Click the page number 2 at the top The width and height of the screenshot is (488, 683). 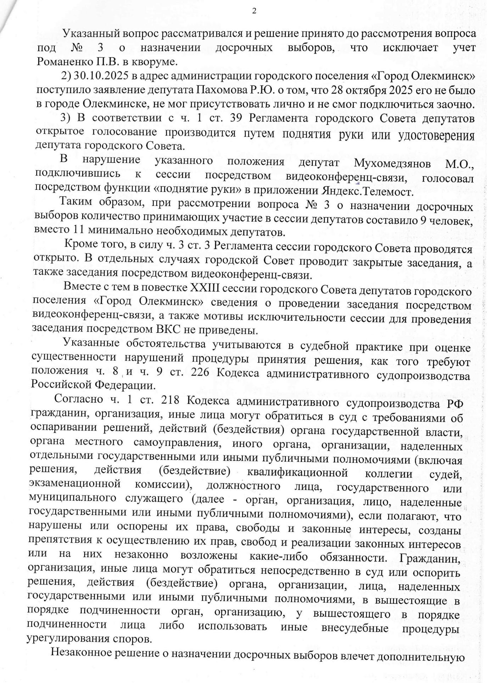click(254, 11)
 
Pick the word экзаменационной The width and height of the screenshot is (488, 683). click(74, 484)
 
